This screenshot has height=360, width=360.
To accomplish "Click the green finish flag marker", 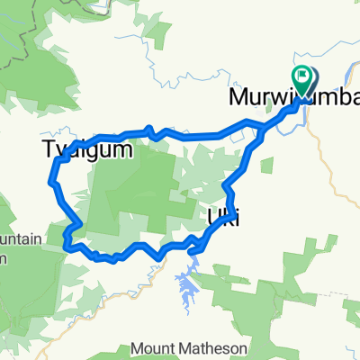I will (302, 78).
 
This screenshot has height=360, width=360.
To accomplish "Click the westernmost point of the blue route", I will (49, 183).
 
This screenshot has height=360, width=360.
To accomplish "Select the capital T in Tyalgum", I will (49, 150).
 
